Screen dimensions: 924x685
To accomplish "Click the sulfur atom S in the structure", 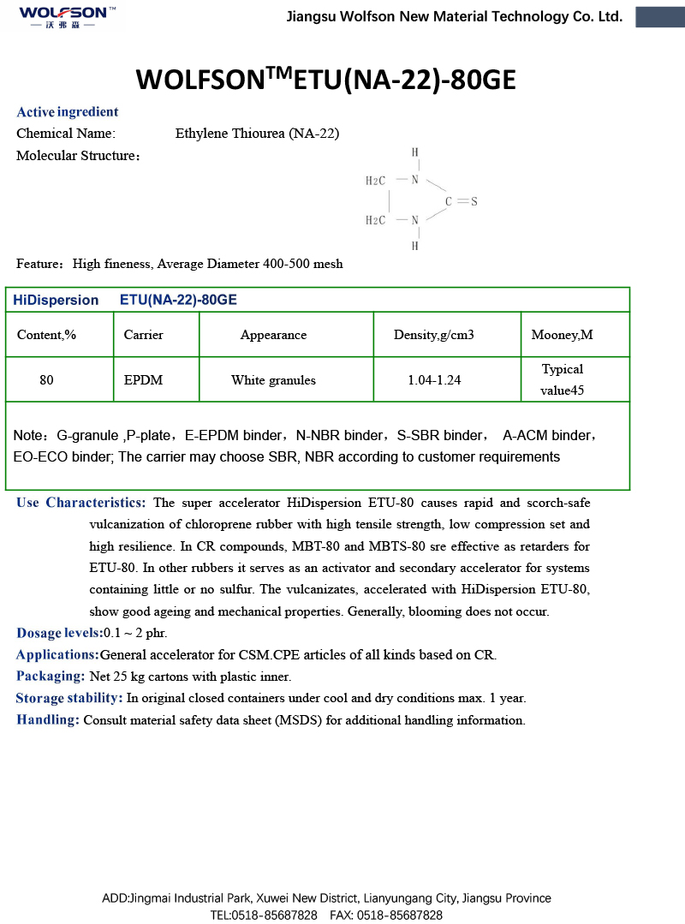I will pyautogui.click(x=474, y=201).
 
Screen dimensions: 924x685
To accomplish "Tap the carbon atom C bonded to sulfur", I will pyautogui.click(x=448, y=202).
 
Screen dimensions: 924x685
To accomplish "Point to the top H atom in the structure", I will pyautogui.click(x=415, y=152).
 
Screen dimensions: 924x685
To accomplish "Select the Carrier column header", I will pyautogui.click(x=143, y=335).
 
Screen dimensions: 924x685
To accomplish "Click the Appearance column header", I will pyautogui.click(x=273, y=335).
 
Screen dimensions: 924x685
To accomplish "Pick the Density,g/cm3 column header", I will pyautogui.click(x=433, y=335).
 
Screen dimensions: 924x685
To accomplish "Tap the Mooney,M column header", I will pyautogui.click(x=562, y=335).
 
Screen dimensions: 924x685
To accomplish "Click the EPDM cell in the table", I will pyautogui.click(x=143, y=380).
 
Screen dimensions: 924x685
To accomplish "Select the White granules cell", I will pyautogui.click(x=273, y=380).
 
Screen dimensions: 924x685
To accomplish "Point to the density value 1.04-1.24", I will pyautogui.click(x=434, y=380).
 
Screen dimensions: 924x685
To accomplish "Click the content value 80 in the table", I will pyautogui.click(x=46, y=380).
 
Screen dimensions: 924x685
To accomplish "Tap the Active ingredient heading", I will pyautogui.click(x=68, y=112).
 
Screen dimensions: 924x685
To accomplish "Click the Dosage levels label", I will pyautogui.click(x=59, y=634).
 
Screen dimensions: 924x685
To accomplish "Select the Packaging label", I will pyautogui.click(x=50, y=677).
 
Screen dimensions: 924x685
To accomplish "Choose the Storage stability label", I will pyautogui.click(x=69, y=698).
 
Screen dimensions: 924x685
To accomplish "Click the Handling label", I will pyautogui.click(x=48, y=720).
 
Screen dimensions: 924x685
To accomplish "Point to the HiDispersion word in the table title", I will pyautogui.click(x=56, y=300).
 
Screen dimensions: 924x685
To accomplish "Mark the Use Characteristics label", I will pyautogui.click(x=81, y=503).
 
